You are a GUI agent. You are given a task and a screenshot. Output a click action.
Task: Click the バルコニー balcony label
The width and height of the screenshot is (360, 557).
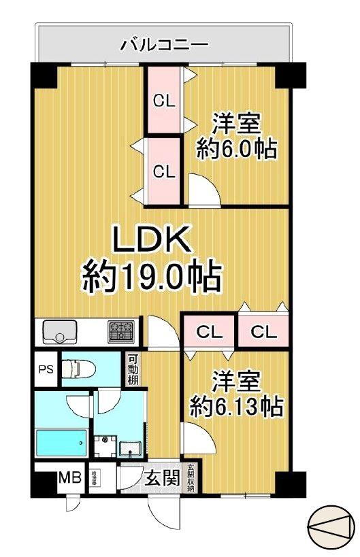click(x=164, y=46)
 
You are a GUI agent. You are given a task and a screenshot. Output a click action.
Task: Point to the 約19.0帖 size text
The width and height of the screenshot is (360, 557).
click(x=151, y=277)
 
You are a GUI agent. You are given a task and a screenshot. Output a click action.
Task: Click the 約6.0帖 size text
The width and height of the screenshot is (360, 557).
click(x=237, y=149)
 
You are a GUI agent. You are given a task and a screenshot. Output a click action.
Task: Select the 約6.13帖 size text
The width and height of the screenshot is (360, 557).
click(x=236, y=407)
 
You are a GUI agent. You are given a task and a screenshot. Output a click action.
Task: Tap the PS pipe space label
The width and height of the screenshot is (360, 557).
click(x=45, y=370)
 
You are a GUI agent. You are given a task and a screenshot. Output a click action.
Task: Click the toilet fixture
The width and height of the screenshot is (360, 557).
click(x=78, y=370)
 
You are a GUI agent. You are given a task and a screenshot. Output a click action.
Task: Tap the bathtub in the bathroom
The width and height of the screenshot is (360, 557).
click(x=61, y=445)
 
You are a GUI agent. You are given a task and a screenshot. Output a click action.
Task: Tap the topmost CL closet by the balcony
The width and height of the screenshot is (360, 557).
click(x=163, y=101)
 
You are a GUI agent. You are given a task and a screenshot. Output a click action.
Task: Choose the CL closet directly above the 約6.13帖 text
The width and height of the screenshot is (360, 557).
click(x=210, y=332)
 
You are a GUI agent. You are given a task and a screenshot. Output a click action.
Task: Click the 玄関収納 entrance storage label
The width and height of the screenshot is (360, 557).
click(x=191, y=477)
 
